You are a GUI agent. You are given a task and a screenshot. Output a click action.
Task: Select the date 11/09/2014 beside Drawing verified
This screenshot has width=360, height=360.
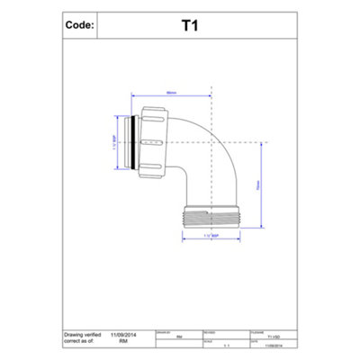point(130,333)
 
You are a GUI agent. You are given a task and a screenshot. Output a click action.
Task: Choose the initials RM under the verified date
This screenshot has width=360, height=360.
point(130,340)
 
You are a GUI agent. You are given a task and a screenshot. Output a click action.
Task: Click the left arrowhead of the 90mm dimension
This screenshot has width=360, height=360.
point(134,94)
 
